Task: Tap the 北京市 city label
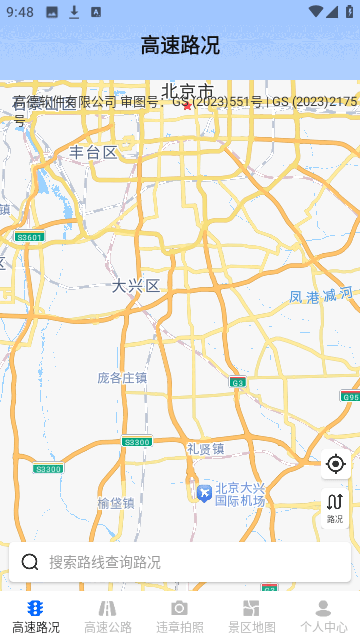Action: (x=188, y=91)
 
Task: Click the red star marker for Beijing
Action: (x=187, y=105)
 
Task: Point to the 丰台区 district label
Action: (x=93, y=153)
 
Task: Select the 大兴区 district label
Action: (x=136, y=286)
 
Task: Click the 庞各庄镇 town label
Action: (x=122, y=377)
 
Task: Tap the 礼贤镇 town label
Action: (x=205, y=448)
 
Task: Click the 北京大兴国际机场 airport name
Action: (x=241, y=494)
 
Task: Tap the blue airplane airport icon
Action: (x=204, y=493)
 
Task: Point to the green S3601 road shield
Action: (x=30, y=237)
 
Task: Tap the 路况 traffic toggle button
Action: (x=335, y=507)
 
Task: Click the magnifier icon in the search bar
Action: (x=30, y=562)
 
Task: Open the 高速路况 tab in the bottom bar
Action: (x=36, y=616)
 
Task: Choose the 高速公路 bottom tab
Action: (x=108, y=616)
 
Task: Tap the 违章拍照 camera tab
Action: (x=180, y=616)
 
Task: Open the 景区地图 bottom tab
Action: (x=251, y=616)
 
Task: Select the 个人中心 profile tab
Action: (x=323, y=616)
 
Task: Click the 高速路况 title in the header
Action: (x=180, y=45)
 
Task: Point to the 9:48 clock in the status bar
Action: (x=19, y=12)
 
